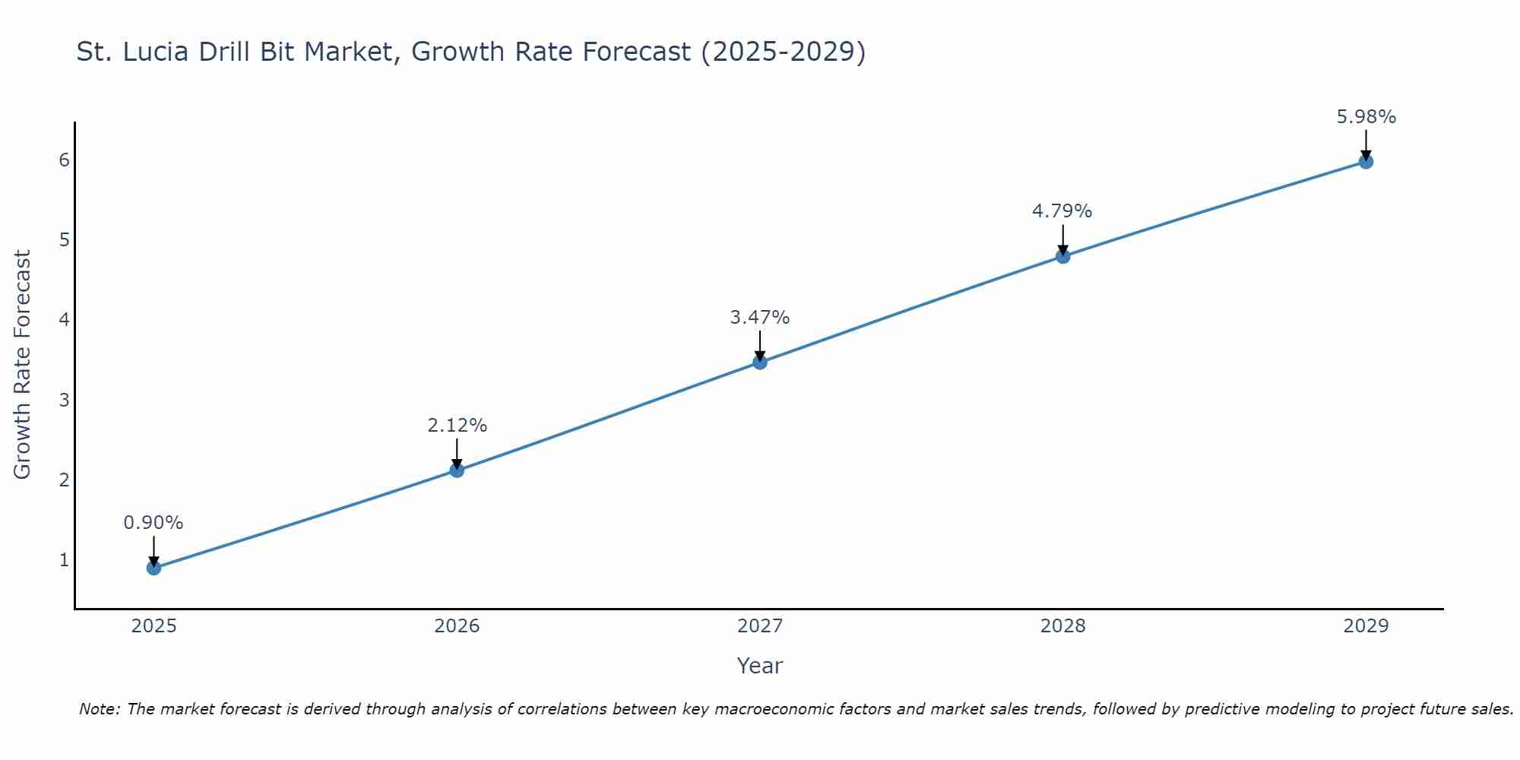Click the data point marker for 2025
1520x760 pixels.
pos(154,568)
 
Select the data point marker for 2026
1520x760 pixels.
pos(457,470)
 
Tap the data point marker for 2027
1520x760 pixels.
pos(760,363)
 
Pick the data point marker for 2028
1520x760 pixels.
pos(1063,257)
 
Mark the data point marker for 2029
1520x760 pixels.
pos(1366,162)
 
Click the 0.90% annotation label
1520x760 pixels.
pos(154,523)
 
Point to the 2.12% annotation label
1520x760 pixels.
pos(457,426)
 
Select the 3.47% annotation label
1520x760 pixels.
pos(760,318)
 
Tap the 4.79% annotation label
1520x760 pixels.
pos(1062,211)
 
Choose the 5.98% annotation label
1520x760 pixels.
pos(1366,117)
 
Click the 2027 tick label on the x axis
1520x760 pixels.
pos(760,626)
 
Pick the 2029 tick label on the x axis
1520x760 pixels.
pos(1366,626)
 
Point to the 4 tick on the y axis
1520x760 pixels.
pos(64,319)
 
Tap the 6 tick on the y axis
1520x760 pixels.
pos(64,160)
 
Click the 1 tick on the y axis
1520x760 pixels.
pos(64,560)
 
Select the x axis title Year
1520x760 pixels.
pos(760,666)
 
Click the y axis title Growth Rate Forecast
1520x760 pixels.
pos(23,365)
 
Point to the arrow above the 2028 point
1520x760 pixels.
pos(1063,239)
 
